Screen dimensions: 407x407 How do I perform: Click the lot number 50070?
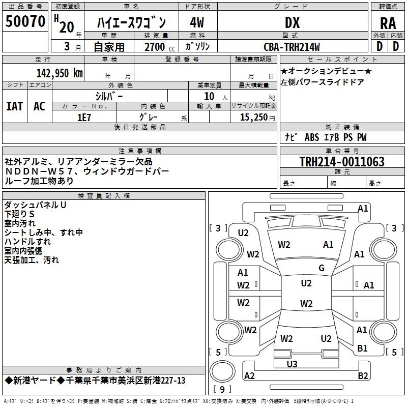point(25,21)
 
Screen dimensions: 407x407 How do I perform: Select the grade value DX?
point(292,22)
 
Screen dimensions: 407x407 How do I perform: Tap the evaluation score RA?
point(388,23)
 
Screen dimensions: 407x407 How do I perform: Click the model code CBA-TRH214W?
point(292,47)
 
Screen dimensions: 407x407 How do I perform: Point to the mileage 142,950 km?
point(60,73)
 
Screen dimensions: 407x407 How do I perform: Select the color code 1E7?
point(84,117)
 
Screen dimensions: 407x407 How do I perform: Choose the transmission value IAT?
point(14,106)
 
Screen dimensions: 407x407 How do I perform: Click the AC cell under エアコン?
point(39,106)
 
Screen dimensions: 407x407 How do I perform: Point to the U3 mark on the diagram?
point(292,364)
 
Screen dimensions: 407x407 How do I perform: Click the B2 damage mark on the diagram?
point(363,375)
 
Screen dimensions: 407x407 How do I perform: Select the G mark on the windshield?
point(322,268)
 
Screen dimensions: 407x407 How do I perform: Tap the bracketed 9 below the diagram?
point(222,390)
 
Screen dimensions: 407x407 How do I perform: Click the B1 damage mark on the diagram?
point(362,348)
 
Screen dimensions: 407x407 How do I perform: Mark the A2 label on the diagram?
point(250,375)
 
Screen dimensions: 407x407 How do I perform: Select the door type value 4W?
point(197,22)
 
